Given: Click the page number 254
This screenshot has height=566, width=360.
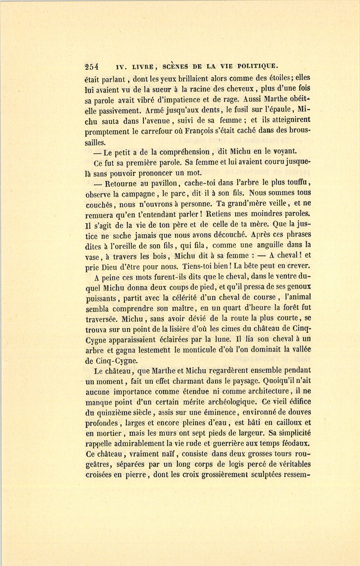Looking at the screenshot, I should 92,67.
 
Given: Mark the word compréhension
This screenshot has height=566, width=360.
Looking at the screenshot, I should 184,152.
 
